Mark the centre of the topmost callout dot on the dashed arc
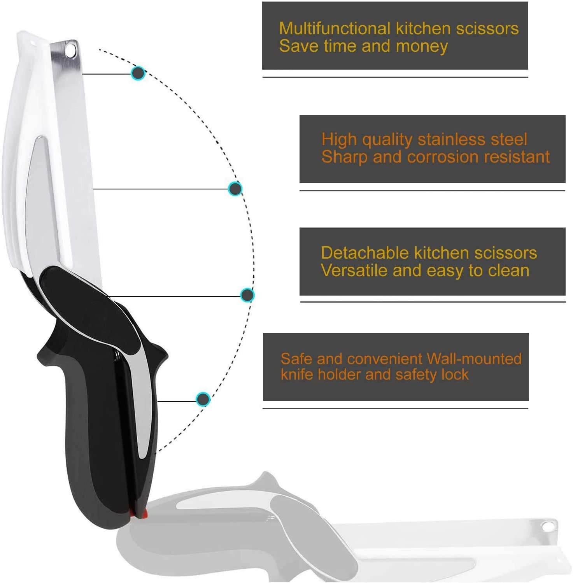[x=138, y=73]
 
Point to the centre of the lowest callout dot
[x=203, y=399]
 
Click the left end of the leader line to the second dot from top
[x=93, y=189]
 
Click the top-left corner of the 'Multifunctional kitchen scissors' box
[x=262, y=2]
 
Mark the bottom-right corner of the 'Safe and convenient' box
[x=529, y=401]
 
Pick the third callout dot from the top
[x=247, y=295]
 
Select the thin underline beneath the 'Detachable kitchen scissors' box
[x=433, y=302]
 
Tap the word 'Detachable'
[x=365, y=253]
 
